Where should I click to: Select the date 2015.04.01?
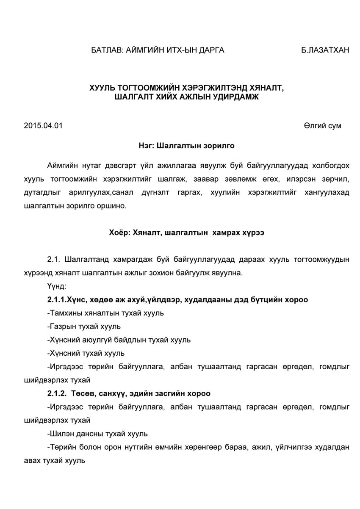point(43,126)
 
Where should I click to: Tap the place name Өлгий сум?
point(322,126)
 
